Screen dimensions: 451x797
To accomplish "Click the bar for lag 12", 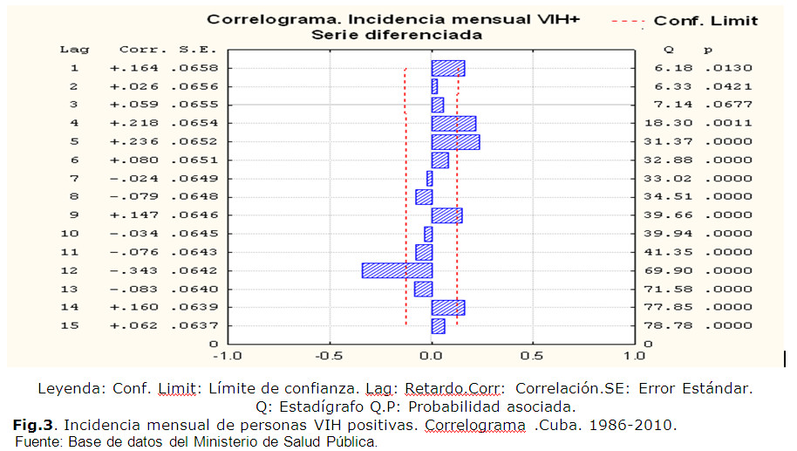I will coord(397,270).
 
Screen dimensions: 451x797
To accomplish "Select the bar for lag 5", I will coord(455,142).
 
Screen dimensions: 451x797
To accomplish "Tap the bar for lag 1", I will coord(448,68).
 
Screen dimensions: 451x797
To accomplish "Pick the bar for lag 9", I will coord(446,215).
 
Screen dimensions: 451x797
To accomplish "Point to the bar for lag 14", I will coord(448,307).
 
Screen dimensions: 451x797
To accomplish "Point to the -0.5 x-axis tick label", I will coord(329,356).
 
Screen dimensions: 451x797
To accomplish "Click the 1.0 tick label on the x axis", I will coord(635,356).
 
